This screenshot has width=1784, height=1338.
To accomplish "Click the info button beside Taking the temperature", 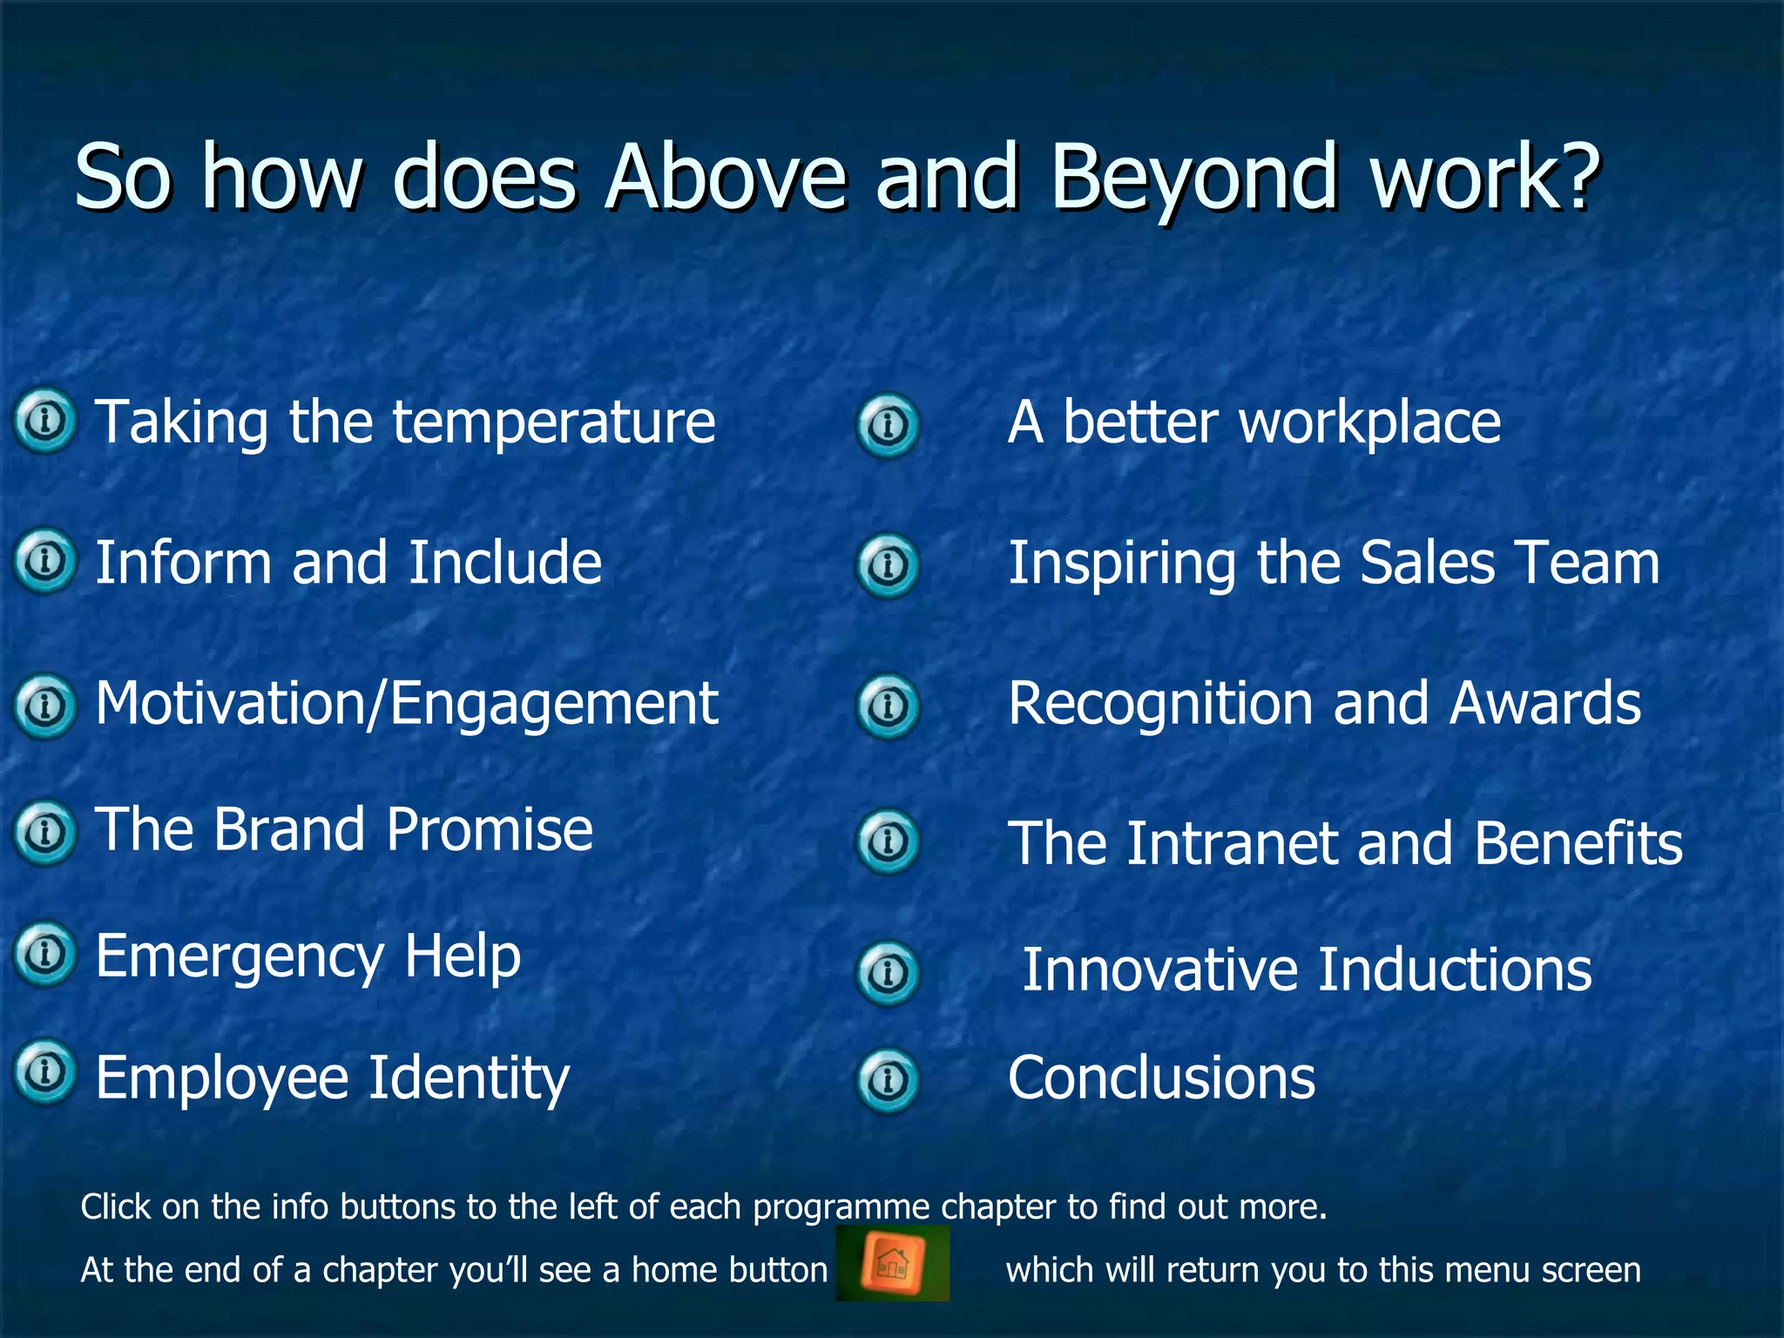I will tap(45, 421).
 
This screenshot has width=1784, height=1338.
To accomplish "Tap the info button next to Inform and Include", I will tap(45, 561).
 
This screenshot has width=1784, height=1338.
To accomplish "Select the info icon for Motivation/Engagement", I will tap(45, 705).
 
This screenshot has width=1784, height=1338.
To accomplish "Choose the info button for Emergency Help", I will tap(45, 954).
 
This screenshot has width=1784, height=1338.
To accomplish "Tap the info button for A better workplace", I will tap(888, 426).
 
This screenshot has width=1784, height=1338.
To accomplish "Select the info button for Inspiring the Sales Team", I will tap(888, 566).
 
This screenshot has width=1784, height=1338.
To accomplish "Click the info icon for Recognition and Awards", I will tap(888, 706).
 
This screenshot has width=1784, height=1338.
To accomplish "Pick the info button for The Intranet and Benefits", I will tap(888, 841).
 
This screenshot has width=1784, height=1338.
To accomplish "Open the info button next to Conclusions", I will tap(888, 1081).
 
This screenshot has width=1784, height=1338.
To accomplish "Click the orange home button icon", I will tap(891, 1263).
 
